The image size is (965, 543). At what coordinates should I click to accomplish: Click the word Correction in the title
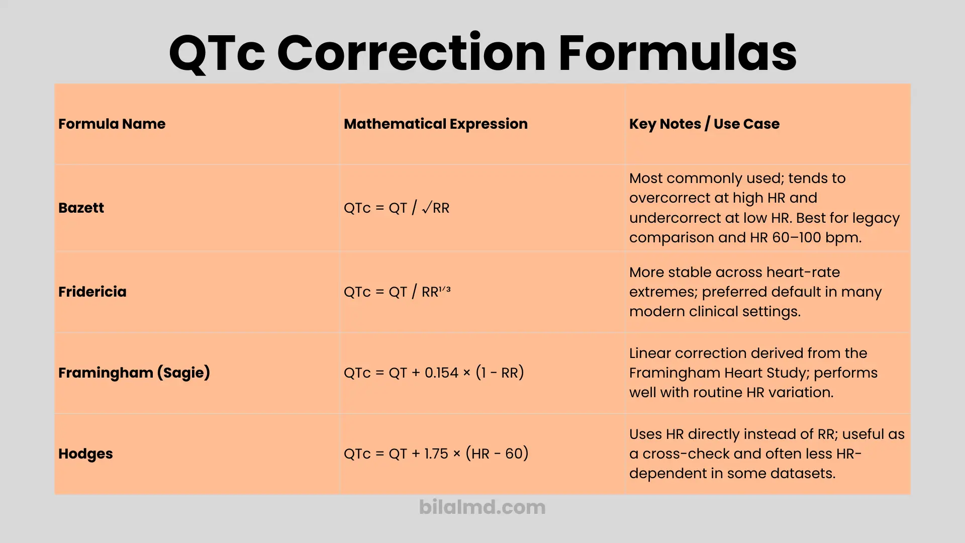pos(411,53)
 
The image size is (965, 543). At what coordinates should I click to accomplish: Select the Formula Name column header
pos(112,124)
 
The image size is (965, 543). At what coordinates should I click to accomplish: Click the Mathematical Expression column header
pos(435,124)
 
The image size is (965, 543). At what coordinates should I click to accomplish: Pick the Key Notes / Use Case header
pos(704,124)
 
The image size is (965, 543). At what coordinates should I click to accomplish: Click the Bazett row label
pos(81,208)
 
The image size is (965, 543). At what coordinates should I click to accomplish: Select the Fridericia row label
pos(92,292)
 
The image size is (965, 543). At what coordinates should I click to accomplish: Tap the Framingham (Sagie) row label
pos(134,373)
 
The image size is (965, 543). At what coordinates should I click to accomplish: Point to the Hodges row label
pos(85,454)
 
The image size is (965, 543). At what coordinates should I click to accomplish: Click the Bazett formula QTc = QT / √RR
pos(396,208)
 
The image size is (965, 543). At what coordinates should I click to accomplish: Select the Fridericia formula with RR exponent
pos(397,292)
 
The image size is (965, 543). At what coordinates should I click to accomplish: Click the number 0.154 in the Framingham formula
pos(441,373)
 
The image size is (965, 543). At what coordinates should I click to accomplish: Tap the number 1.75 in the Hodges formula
pos(436,454)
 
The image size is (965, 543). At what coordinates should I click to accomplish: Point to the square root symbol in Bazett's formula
pos(427,208)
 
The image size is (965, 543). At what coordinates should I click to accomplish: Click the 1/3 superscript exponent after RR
pos(445,289)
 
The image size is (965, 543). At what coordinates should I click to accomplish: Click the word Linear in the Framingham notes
pos(650,353)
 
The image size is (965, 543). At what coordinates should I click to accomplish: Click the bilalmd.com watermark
pos(482,507)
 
